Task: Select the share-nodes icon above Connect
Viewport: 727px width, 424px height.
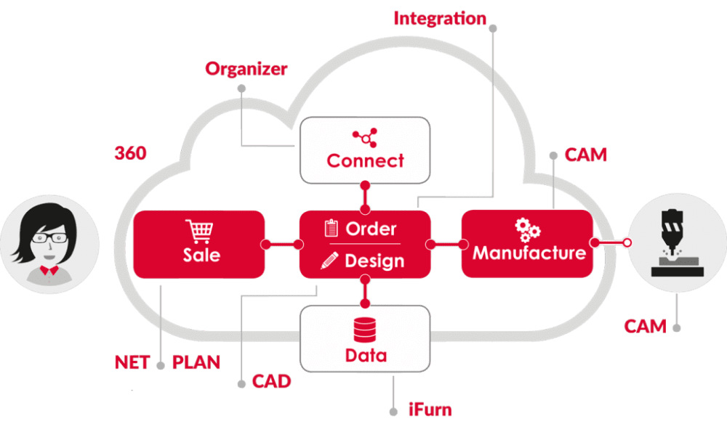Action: (364, 136)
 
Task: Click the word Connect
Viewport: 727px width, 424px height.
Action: (365, 160)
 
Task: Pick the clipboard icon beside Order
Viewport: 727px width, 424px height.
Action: (331, 229)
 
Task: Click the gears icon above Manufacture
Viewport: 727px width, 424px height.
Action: (528, 229)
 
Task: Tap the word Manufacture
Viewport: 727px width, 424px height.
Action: (529, 253)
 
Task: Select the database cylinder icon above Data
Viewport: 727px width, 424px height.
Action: (366, 330)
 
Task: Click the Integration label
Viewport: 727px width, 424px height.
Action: (440, 18)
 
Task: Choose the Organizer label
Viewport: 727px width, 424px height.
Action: (246, 70)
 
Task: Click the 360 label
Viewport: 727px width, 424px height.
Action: (131, 153)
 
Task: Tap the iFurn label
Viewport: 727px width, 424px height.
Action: (429, 410)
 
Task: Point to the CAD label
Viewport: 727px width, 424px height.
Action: (271, 380)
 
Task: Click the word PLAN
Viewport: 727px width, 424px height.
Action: (196, 362)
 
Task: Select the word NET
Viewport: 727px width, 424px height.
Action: (131, 362)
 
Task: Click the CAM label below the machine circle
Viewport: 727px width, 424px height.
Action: (645, 326)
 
